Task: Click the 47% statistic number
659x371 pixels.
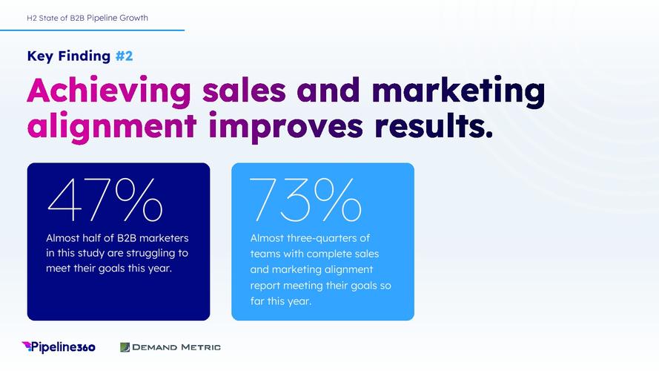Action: tap(105, 200)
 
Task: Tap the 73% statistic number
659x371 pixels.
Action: tap(305, 200)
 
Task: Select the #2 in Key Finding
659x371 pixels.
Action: tap(124, 56)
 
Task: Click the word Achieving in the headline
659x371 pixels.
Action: tap(109, 91)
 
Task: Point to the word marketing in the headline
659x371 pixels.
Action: tap(459, 91)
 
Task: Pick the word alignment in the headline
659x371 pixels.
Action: tap(112, 127)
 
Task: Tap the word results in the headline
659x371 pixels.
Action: tap(434, 125)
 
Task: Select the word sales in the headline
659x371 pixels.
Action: tap(244, 90)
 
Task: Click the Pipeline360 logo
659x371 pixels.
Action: tap(59, 347)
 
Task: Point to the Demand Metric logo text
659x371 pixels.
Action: tap(176, 347)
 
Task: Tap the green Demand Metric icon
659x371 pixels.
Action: tap(125, 347)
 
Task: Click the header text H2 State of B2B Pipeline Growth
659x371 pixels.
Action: tap(87, 18)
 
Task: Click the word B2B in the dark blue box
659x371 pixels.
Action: tap(127, 238)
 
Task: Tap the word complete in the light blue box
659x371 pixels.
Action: tap(328, 254)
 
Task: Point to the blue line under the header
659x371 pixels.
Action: tap(92, 30)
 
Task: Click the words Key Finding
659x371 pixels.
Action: tap(68, 56)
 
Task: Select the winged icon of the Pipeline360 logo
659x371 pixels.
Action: tap(27, 346)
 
